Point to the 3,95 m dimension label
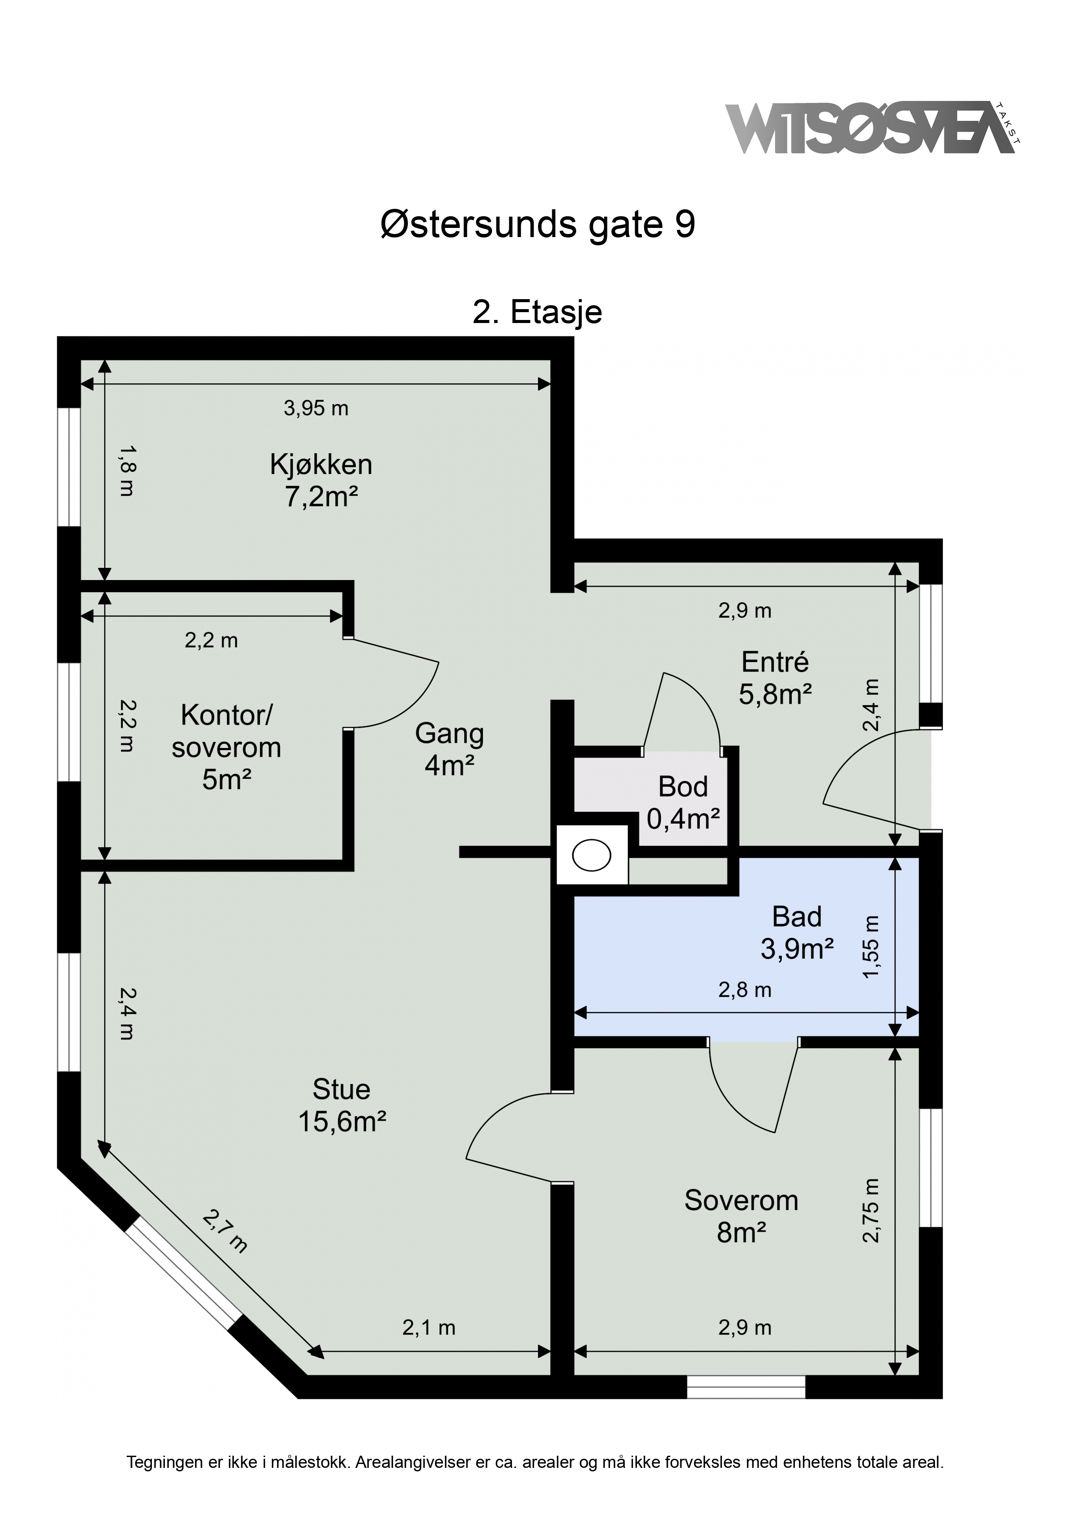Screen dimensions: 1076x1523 click(x=316, y=408)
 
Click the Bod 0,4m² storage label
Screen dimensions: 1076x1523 click(x=683, y=803)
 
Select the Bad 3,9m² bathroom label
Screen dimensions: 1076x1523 click(x=797, y=933)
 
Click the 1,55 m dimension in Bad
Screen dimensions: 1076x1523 click(x=871, y=946)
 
